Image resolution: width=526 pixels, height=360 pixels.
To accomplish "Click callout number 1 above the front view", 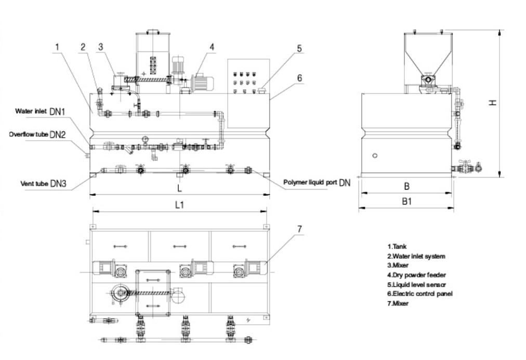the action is click(57, 47).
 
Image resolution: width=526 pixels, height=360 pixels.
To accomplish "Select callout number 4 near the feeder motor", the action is click(212, 47).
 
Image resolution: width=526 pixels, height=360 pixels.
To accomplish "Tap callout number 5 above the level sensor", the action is click(299, 49).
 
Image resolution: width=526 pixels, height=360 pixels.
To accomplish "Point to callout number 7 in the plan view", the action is click(299, 229).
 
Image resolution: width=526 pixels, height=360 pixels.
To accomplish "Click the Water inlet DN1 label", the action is click(40, 111).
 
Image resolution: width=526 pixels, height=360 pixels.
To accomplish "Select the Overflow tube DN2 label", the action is click(37, 135).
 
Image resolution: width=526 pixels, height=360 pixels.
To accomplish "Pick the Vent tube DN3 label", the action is click(43, 183).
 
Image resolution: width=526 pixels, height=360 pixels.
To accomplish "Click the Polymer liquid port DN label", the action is click(317, 182).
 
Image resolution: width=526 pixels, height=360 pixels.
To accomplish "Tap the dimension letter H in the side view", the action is click(492, 102).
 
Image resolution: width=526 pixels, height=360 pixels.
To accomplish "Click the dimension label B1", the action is click(406, 201).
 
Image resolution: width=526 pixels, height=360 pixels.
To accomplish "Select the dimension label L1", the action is click(179, 205).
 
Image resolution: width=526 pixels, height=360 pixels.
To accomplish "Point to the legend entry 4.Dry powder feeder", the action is click(416, 275).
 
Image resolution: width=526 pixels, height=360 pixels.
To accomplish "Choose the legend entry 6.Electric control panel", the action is click(419, 294).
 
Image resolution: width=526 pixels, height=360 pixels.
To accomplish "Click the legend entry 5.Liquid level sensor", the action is click(416, 285).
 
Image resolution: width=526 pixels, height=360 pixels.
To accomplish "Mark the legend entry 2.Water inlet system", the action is click(416, 257).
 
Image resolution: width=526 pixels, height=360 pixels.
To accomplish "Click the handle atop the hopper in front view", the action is click(153, 32).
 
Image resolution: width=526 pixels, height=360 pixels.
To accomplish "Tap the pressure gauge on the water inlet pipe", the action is click(145, 139).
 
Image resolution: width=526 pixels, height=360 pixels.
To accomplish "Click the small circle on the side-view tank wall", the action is click(375, 155).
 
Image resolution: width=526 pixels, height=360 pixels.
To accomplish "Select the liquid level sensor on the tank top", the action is click(261, 90).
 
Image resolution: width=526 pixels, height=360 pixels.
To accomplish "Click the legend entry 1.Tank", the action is click(397, 247).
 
